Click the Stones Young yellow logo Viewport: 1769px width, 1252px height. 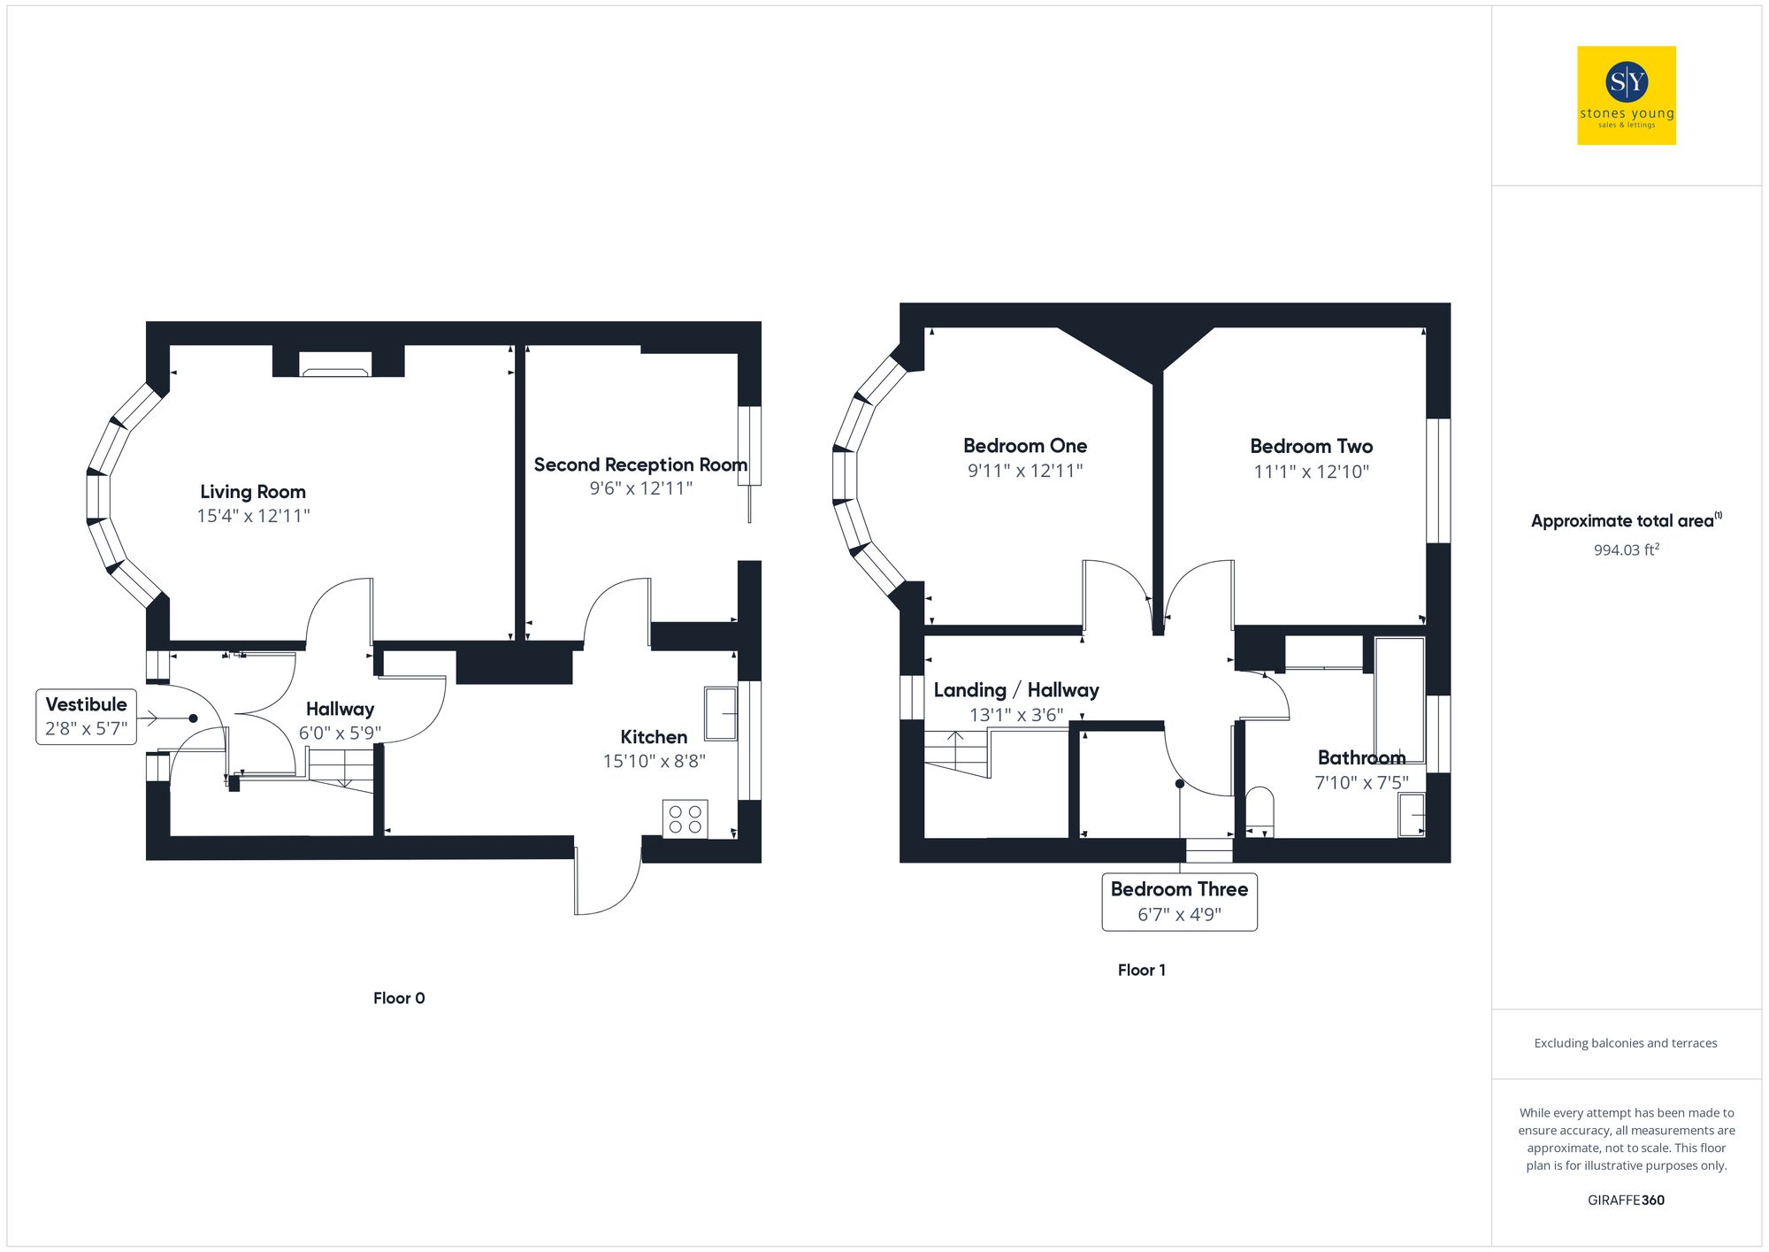coord(1626,96)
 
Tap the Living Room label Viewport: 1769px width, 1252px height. coord(253,492)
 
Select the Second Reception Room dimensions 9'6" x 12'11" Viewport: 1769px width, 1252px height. coord(640,488)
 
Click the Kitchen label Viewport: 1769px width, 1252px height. coord(654,737)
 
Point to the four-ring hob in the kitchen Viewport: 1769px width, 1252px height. coord(685,818)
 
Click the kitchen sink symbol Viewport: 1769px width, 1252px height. coord(720,713)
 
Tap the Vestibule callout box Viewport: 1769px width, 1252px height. coord(87,717)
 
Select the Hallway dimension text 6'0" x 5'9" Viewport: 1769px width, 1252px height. coord(340,733)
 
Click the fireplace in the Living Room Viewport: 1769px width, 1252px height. coord(335,365)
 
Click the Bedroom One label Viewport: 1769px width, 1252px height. coord(1025,446)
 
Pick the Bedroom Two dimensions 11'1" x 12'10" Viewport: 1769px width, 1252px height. coord(1311,472)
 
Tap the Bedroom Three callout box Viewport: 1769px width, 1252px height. coord(1179,902)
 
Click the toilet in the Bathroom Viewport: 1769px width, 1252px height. coord(1260,810)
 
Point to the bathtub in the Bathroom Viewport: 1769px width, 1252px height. coord(1399,699)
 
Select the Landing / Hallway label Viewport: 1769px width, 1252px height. coord(1016,690)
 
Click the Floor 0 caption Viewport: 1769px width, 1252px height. coord(399,998)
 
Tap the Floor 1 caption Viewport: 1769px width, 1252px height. coord(1141,971)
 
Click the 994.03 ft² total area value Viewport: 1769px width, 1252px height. coord(1626,550)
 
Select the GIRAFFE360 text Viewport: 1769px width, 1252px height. coord(1626,1201)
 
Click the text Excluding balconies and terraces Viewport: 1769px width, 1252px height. coord(1626,1043)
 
